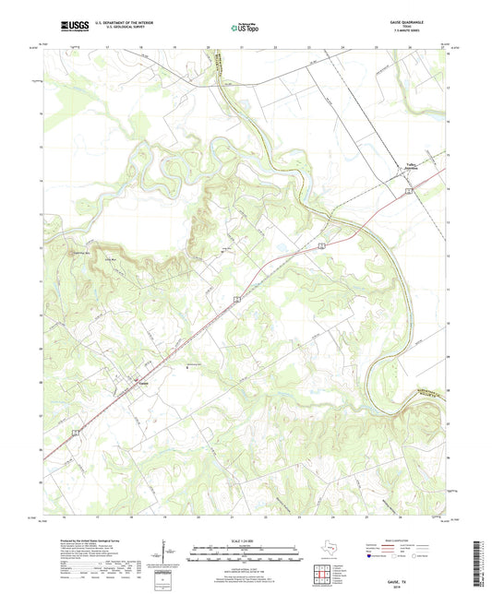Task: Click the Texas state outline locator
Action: click(328, 552)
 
